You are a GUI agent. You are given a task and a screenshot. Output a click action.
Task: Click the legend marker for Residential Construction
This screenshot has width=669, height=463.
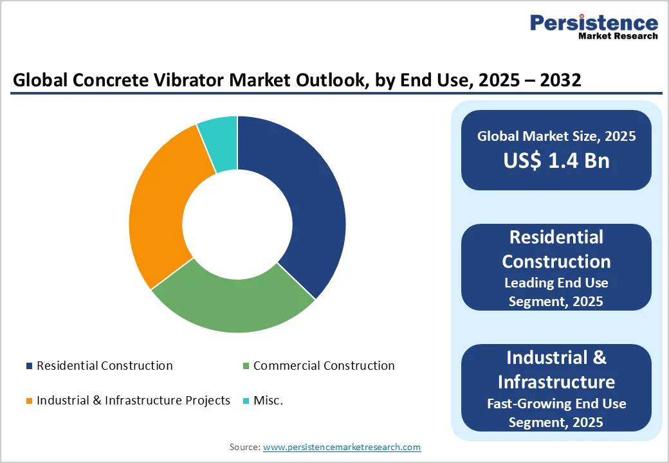[x=29, y=366]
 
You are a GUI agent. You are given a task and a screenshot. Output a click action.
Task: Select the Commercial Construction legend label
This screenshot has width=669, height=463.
[x=324, y=366]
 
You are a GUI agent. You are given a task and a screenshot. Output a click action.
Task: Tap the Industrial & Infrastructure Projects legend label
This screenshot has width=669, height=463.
[x=133, y=401]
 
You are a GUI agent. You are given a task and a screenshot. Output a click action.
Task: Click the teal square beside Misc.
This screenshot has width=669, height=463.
[x=246, y=401]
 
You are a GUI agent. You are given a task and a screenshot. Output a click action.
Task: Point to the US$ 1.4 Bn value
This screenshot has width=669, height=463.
[x=556, y=161]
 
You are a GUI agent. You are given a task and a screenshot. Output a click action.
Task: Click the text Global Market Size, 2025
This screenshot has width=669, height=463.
[x=556, y=136]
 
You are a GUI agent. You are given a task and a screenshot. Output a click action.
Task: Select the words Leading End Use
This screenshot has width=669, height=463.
[x=556, y=283]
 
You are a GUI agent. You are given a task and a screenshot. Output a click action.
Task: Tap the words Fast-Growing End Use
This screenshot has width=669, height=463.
[x=556, y=404]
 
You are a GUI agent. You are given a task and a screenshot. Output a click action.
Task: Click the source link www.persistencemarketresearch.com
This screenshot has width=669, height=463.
[x=342, y=447]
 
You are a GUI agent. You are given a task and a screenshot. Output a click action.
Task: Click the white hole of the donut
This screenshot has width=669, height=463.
[x=237, y=224]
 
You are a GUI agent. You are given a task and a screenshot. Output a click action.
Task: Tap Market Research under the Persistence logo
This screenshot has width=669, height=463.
[x=618, y=37]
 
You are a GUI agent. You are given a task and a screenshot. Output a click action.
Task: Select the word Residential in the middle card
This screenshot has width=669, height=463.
[x=556, y=237]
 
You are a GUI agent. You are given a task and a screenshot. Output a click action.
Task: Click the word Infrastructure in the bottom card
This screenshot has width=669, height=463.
[x=556, y=382]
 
